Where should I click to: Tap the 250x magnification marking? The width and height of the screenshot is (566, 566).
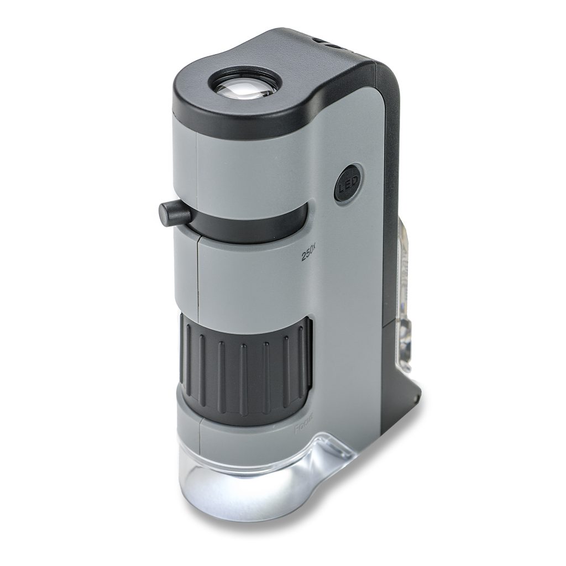point(308,253)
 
